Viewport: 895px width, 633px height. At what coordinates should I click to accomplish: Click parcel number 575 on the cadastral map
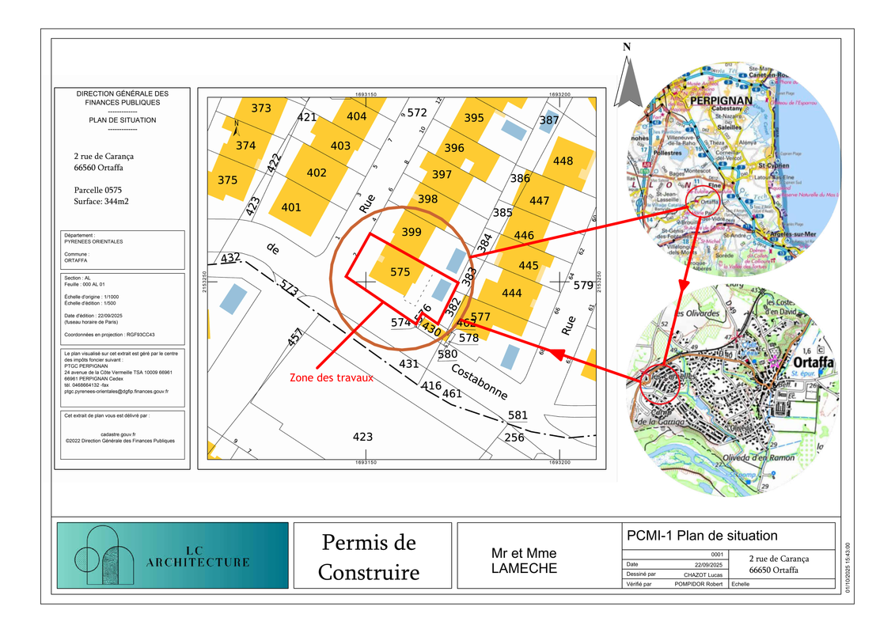[x=400, y=271]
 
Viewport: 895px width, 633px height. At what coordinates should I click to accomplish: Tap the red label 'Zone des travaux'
[x=331, y=378]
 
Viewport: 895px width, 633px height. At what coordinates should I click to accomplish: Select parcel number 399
[x=411, y=232]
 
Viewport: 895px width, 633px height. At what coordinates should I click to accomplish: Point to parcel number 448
[x=563, y=161]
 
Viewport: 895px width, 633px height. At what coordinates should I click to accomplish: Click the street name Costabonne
[x=479, y=383]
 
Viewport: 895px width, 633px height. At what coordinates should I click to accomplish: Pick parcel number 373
[x=261, y=108]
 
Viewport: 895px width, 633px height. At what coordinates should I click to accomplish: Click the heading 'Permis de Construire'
[x=369, y=557]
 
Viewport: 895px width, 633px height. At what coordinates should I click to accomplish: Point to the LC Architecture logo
[x=172, y=555]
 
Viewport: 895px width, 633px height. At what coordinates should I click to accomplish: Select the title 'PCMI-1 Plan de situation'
[x=700, y=536]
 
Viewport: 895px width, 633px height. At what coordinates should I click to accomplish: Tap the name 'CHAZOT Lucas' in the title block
[x=696, y=574]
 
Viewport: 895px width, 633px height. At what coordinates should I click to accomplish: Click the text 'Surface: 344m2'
[x=101, y=202]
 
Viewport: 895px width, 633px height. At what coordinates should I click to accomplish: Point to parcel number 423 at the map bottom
[x=362, y=437]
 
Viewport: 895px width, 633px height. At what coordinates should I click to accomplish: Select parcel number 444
[x=512, y=294]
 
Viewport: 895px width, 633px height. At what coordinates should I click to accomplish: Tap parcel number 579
[x=583, y=285]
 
